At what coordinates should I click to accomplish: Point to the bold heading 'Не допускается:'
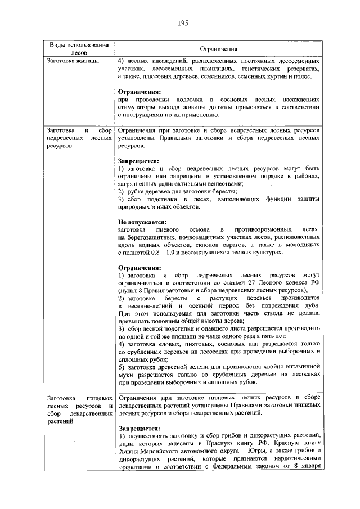[141, 222]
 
